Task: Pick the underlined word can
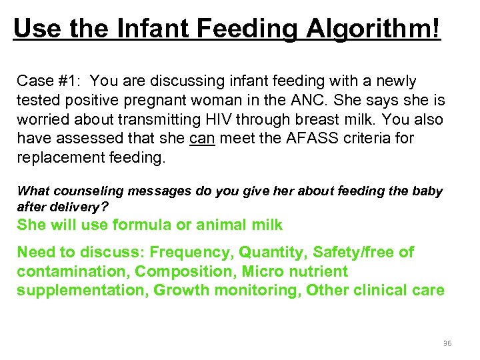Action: coord(202,139)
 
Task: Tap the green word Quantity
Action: coord(269,253)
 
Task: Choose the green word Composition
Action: coord(186,272)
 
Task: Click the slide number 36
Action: coord(447,343)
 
